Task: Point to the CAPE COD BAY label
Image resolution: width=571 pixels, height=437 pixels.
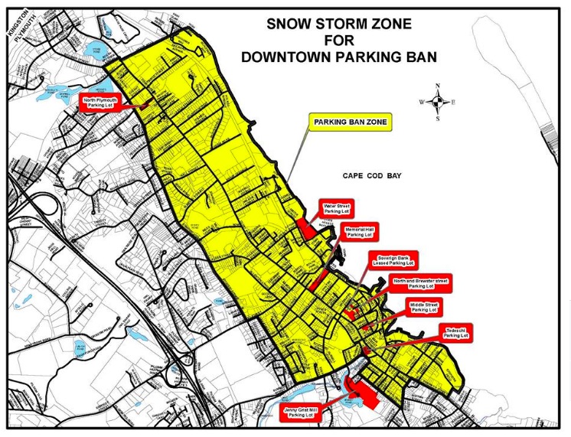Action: tap(372, 176)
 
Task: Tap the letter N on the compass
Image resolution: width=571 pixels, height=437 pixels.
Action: tap(437, 86)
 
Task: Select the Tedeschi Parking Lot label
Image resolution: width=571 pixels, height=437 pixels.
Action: tap(455, 332)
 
